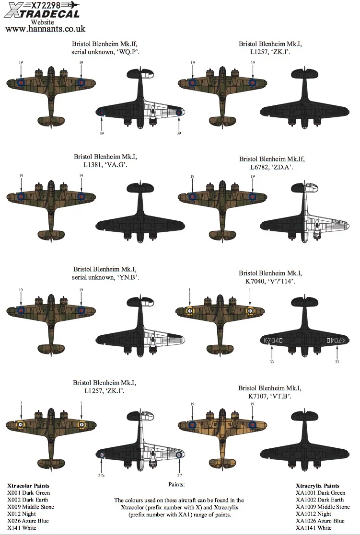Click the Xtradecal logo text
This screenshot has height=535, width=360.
42,13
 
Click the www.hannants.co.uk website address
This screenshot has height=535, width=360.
45,29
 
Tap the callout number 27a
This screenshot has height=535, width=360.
101,475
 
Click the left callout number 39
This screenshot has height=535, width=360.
102,134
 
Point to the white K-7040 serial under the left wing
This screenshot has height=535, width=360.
273,340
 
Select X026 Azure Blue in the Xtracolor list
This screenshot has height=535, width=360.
28,521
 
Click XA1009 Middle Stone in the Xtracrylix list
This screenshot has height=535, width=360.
323,507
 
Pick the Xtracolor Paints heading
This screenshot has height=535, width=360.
28,486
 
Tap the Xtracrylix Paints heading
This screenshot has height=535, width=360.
318,486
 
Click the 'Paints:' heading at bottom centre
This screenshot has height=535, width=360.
176,485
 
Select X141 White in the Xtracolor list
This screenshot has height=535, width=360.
22,528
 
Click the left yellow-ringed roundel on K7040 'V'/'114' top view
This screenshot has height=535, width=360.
189,311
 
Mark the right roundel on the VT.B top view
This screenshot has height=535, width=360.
253,425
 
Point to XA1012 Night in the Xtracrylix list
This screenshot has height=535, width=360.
314,514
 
